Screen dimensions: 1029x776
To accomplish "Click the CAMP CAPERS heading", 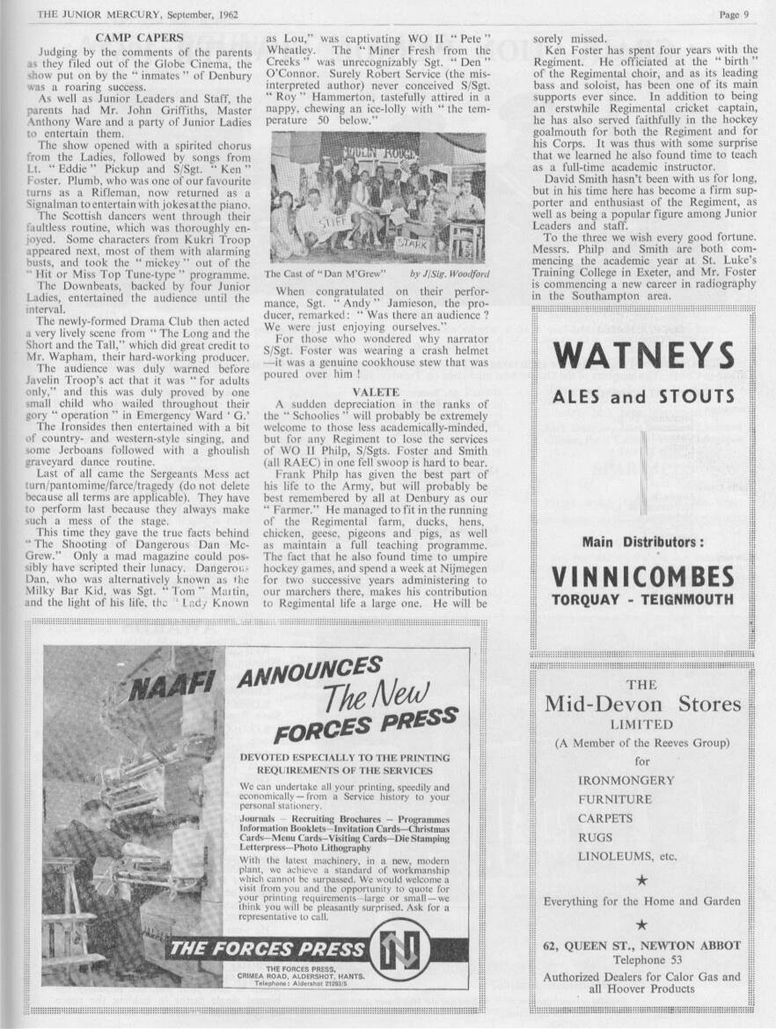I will pyautogui.click(x=139, y=38).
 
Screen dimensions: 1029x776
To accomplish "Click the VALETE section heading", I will pyautogui.click(x=377, y=390).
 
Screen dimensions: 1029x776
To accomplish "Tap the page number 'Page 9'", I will pyautogui.click(x=734, y=13).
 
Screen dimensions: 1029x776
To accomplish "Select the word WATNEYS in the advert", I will pyautogui.click(x=643, y=356).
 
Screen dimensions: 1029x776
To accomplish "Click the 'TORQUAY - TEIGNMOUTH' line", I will pyautogui.click(x=642, y=600).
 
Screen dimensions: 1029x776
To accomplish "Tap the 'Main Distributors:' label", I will pyautogui.click(x=642, y=542).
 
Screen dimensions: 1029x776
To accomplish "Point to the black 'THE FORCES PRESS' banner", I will pyautogui.click(x=267, y=949).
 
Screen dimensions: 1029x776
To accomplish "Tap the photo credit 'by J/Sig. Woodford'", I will pyautogui.click(x=450, y=275).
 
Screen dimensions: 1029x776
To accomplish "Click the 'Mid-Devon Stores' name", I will pyautogui.click(x=642, y=704).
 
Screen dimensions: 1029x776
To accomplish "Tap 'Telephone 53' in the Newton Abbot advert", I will pyautogui.click(x=641, y=959).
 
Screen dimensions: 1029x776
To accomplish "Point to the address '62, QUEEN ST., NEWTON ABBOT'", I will pyautogui.click(x=641, y=945).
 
